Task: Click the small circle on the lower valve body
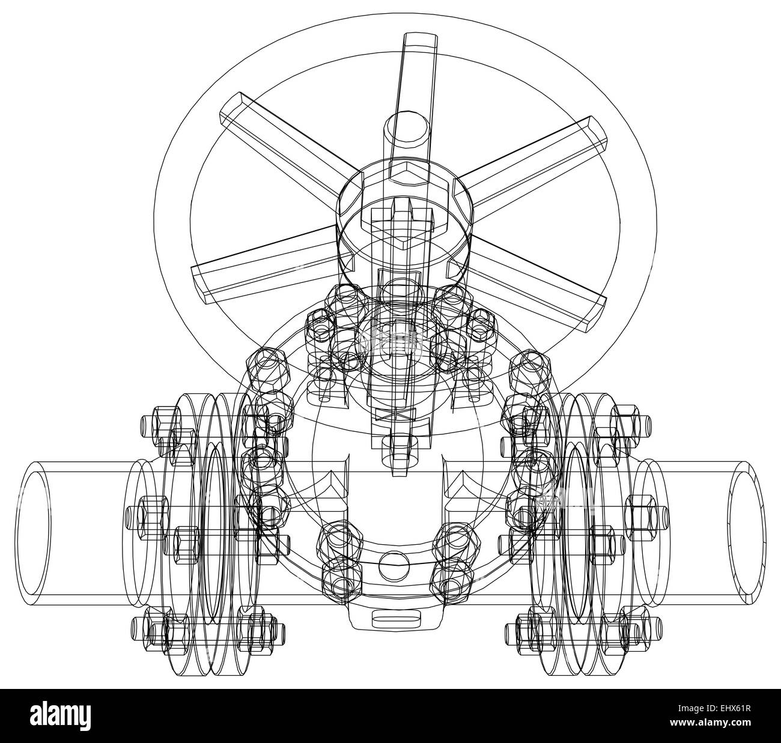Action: (394, 565)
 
